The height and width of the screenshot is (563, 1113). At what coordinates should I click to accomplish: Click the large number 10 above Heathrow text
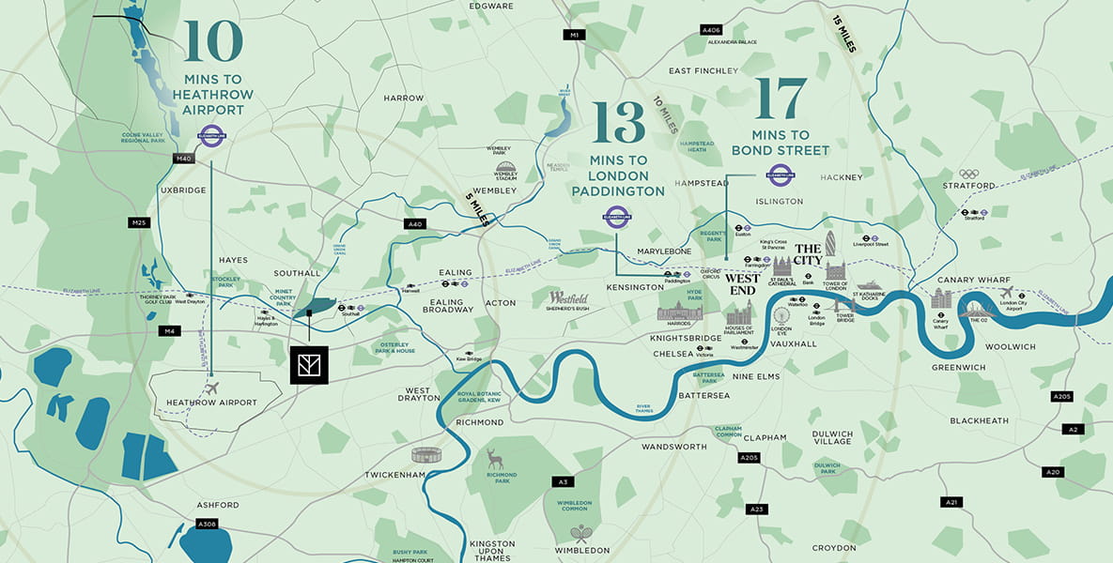click(214, 41)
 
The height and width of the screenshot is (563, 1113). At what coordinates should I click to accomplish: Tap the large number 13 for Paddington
click(619, 122)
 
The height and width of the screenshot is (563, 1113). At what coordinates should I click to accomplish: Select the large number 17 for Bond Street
click(781, 99)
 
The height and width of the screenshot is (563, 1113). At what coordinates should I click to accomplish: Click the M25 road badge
click(139, 222)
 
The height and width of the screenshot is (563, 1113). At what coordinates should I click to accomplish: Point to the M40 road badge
click(183, 159)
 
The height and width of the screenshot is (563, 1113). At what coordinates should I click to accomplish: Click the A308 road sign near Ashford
click(208, 523)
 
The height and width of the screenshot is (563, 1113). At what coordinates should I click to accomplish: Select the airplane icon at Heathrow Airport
click(210, 388)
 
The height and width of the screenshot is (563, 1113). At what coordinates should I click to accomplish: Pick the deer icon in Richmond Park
click(495, 458)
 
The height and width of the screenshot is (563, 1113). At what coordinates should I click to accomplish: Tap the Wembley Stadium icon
click(506, 170)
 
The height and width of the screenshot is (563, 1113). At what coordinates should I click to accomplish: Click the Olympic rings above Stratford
click(969, 174)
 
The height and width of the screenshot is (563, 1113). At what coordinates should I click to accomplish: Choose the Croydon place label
click(834, 547)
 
